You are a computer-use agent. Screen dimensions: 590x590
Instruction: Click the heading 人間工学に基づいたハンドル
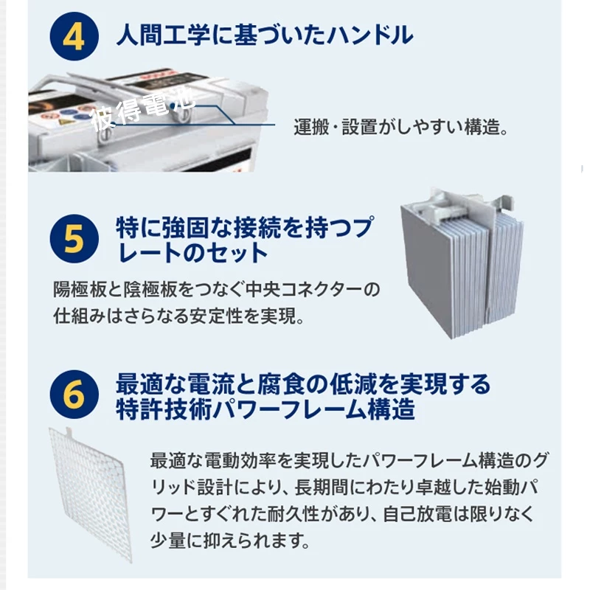(x=265, y=35)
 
